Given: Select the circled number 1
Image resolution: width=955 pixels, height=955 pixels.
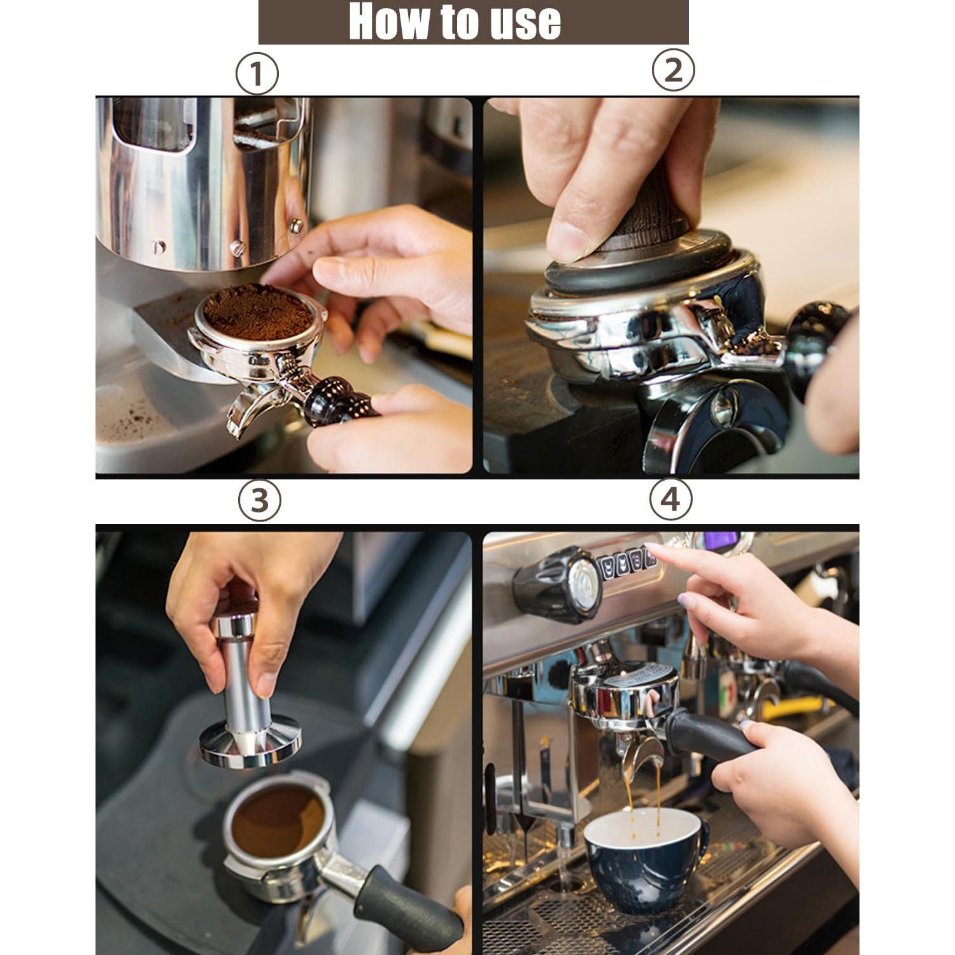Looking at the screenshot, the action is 257,74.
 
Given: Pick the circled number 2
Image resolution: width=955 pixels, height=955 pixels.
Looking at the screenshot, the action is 673,70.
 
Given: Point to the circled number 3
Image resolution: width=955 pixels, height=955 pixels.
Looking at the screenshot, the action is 259,500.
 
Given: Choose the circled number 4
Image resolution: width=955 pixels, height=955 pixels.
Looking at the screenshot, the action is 670,499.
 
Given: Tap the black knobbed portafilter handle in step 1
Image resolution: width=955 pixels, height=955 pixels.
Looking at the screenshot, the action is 331,399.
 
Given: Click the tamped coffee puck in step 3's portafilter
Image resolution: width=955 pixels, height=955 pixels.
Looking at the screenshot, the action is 278,821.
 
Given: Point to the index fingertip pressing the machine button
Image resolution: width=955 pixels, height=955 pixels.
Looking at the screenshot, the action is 652,549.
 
